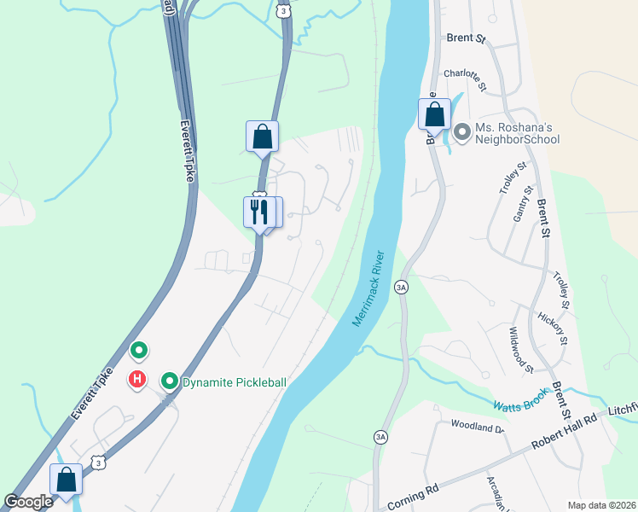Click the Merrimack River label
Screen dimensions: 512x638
[x=370, y=288]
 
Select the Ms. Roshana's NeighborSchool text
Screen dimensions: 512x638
[x=517, y=133]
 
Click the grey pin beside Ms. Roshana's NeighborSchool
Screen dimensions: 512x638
[x=462, y=132]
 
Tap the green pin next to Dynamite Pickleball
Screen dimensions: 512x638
[x=169, y=381]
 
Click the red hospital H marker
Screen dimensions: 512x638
[x=136, y=379]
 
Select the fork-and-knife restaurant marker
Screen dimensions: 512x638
[x=258, y=210]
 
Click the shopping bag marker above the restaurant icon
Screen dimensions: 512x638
[x=262, y=136]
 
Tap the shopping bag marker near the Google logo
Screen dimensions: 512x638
[x=66, y=480]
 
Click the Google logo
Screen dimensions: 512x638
[x=28, y=503]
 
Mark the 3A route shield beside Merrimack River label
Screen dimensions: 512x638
[x=401, y=288]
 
